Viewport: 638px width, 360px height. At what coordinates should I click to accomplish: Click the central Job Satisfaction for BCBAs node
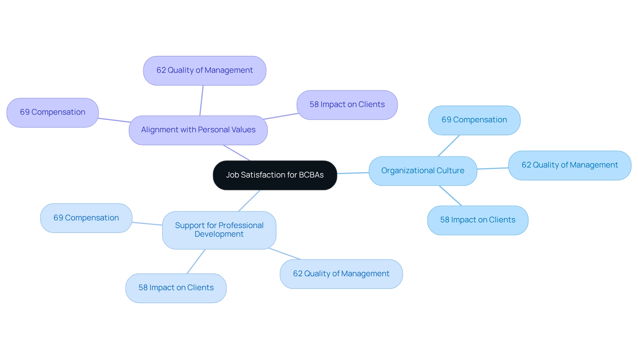pyautogui.click(x=275, y=175)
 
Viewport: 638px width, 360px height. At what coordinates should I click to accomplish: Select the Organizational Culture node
pyautogui.click(x=423, y=171)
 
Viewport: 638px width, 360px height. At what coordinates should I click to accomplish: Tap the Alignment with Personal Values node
pyautogui.click(x=198, y=130)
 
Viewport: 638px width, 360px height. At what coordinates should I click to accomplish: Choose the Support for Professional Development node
pyautogui.click(x=219, y=230)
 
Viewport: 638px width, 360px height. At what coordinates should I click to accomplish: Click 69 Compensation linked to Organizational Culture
pyautogui.click(x=474, y=120)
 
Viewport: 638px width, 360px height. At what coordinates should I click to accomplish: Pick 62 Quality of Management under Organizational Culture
pyautogui.click(x=570, y=165)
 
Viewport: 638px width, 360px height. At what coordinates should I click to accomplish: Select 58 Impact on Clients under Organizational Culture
pyautogui.click(x=478, y=220)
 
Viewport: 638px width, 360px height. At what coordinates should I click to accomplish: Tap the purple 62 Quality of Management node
pyautogui.click(x=204, y=70)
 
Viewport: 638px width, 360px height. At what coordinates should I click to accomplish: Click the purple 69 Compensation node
pyautogui.click(x=53, y=112)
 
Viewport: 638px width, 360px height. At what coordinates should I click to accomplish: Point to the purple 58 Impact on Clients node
pyautogui.click(x=347, y=105)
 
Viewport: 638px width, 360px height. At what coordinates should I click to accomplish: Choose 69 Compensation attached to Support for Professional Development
pyautogui.click(x=86, y=218)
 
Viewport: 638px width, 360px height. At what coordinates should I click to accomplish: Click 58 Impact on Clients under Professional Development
pyautogui.click(x=176, y=288)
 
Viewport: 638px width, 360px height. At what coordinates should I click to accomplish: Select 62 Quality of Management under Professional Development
pyautogui.click(x=341, y=274)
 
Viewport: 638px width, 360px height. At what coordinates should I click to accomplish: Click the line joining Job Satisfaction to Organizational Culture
pyautogui.click(x=353, y=173)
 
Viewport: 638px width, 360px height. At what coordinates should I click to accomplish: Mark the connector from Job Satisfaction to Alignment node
pyautogui.click(x=237, y=153)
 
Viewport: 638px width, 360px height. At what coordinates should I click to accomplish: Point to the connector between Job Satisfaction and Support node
pyautogui.click(x=249, y=201)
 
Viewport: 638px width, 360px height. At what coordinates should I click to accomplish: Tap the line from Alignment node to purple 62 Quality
pyautogui.click(x=201, y=100)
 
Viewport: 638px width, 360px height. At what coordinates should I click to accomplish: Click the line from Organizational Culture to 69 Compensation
pyautogui.click(x=449, y=146)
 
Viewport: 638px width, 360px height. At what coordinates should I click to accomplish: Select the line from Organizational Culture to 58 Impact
pyautogui.click(x=450, y=196)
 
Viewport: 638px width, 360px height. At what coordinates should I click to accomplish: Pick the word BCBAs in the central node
pyautogui.click(x=311, y=175)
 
